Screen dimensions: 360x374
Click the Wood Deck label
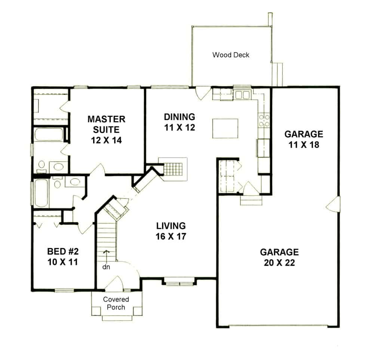231,55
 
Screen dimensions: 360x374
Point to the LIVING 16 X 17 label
171,231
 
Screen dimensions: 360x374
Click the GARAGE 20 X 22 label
279,257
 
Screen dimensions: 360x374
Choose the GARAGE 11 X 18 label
303,139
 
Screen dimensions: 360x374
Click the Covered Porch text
116,303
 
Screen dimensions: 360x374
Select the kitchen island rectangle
225,128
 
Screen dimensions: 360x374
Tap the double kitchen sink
242,95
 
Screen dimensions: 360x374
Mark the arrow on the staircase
107,255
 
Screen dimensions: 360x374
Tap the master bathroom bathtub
49,135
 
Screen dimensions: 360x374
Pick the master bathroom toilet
41,165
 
